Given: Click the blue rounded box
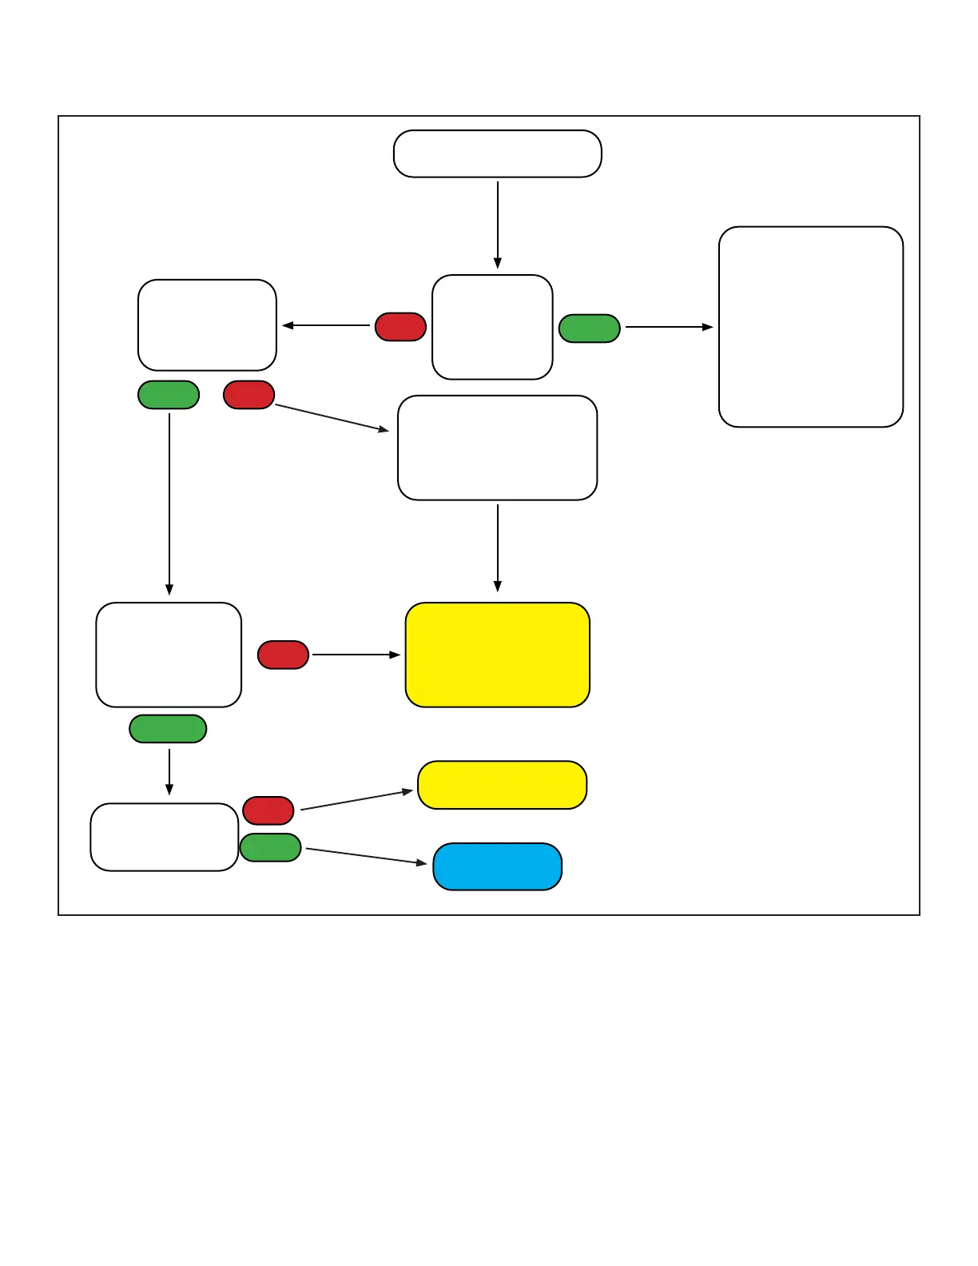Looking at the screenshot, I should point(497,866).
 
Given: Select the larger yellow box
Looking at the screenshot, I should point(497,655).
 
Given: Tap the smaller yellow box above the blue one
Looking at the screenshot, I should point(502,785).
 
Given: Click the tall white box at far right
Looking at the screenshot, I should point(811,327).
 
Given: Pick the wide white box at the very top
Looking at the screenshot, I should point(497,153).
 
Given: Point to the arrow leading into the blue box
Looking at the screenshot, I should point(366,856).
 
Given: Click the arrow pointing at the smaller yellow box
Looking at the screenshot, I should point(356,800).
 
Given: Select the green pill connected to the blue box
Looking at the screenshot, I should point(270,847).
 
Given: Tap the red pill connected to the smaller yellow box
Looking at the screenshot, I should point(268,810).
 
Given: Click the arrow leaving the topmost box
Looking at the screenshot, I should point(498,224).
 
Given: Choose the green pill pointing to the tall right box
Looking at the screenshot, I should point(590,328).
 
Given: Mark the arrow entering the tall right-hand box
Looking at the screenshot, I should point(669,327).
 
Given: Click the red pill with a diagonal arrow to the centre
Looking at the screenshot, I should point(249,395).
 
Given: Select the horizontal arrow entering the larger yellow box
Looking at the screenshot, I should point(356,655).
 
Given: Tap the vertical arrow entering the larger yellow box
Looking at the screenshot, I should point(498,547).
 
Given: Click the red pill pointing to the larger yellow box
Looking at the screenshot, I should point(283,655).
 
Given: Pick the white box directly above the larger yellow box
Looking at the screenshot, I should point(497,448).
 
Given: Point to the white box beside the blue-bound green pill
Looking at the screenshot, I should point(165,837).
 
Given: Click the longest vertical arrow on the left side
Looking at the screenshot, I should point(169,504).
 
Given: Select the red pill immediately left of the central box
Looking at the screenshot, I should point(400,327).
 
